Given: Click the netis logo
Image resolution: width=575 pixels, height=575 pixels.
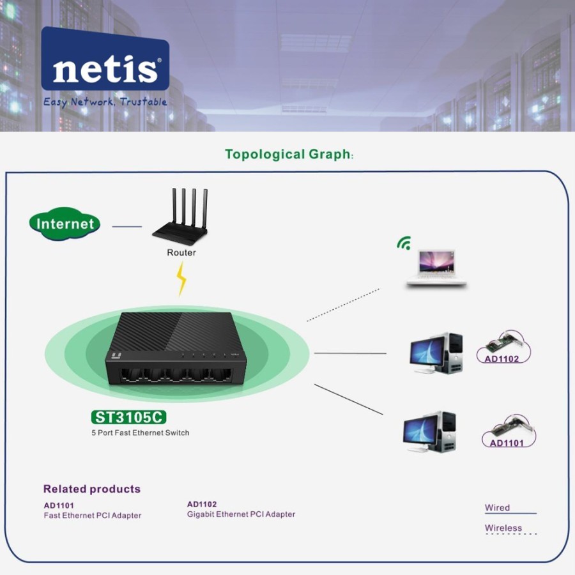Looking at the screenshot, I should pyautogui.click(x=105, y=66).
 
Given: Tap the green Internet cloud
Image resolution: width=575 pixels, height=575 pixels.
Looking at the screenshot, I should pyautogui.click(x=65, y=224).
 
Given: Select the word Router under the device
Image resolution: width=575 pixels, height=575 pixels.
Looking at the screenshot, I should pyautogui.click(x=181, y=252).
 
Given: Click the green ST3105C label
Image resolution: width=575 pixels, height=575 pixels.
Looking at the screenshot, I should pyautogui.click(x=129, y=418).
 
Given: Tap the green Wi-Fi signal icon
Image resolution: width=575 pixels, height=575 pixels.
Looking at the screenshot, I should pyautogui.click(x=404, y=243).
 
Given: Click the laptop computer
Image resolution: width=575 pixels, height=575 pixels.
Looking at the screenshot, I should pyautogui.click(x=437, y=268).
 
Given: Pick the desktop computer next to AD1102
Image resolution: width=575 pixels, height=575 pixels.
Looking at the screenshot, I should pyautogui.click(x=436, y=353).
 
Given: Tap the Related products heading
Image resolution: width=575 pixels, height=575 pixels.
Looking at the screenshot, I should pyautogui.click(x=92, y=489).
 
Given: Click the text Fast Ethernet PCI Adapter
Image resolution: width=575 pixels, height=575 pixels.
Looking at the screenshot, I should pyautogui.click(x=93, y=516).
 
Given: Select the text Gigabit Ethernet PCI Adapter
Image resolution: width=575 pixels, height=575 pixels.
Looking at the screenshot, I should pyautogui.click(x=241, y=514).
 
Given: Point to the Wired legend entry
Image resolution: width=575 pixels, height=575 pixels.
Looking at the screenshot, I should pyautogui.click(x=498, y=508).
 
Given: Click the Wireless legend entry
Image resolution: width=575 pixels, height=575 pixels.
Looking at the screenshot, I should pyautogui.click(x=503, y=528).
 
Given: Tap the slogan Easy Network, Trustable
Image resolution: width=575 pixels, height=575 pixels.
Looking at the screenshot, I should pyautogui.click(x=105, y=102).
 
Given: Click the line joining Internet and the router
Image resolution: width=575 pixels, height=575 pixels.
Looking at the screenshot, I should pyautogui.click(x=126, y=226).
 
